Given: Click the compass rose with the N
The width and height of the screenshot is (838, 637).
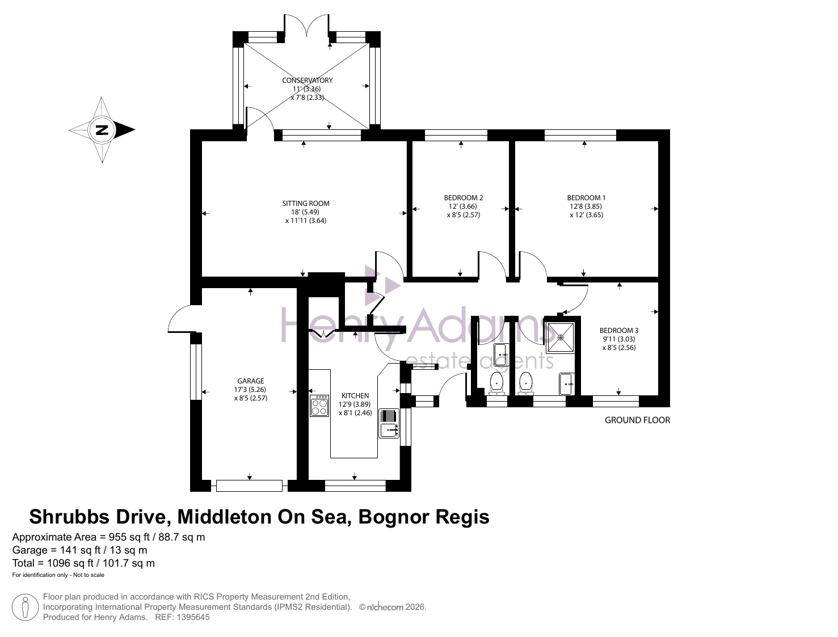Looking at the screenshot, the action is (102, 130).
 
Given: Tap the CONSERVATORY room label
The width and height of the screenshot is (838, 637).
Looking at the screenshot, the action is (308, 80).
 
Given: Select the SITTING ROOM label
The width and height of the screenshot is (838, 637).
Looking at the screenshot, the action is (306, 204).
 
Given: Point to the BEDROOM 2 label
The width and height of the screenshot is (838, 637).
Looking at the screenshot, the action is (464, 198).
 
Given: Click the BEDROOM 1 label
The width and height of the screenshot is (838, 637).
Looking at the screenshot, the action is (587, 198).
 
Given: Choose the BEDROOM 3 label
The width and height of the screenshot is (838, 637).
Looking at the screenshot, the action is (619, 331).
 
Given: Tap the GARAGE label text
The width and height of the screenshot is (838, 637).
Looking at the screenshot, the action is (250, 381).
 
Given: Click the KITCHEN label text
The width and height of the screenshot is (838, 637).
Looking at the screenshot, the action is (355, 396).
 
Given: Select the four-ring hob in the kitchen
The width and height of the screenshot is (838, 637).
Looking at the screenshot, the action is (319, 406).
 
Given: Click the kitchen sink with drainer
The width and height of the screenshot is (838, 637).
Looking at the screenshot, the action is (389, 423).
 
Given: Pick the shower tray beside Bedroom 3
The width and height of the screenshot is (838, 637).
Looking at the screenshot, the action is (561, 338).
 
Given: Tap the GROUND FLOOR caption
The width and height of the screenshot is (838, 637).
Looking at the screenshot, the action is (637, 420).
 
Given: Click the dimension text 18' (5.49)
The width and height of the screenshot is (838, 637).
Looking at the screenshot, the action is (306, 212).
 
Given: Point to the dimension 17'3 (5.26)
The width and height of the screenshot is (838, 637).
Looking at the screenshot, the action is (250, 389).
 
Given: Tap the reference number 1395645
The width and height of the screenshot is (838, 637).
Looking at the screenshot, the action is (193, 617).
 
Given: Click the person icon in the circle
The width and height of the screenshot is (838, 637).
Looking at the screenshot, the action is (25, 607).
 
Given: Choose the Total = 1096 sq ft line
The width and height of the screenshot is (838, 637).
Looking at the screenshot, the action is (83, 563).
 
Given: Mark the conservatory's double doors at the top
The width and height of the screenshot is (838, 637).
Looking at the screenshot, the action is (306, 26).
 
